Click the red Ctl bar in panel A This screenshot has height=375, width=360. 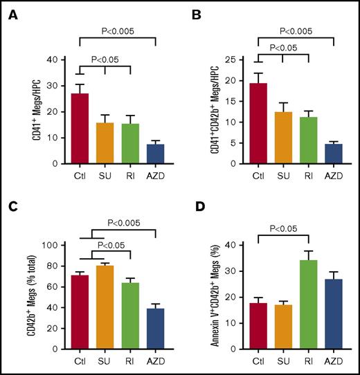(80, 129)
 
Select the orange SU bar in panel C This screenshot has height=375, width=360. (105, 307)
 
